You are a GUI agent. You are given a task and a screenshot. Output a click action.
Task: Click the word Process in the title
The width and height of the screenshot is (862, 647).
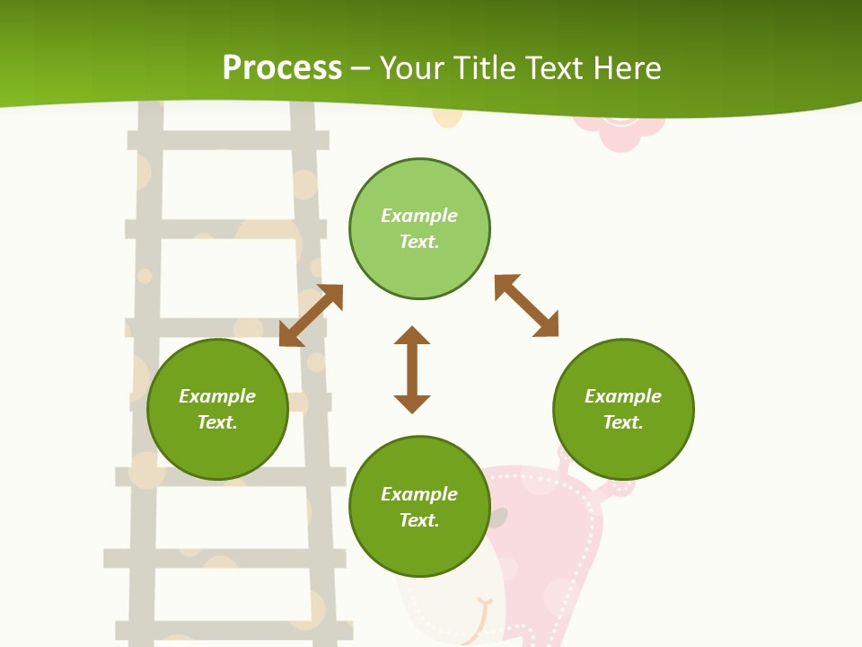tap(282, 68)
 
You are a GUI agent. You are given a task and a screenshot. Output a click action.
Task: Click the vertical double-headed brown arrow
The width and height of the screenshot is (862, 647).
tap(412, 369)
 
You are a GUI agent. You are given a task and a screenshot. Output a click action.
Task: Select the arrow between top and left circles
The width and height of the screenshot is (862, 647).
tap(311, 315)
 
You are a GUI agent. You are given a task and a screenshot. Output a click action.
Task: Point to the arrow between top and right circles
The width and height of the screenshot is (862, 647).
tap(526, 306)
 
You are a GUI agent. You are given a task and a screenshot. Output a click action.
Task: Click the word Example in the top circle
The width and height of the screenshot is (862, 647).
tap(419, 216)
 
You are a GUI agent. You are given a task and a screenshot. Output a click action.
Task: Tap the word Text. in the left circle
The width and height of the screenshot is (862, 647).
tap(217, 422)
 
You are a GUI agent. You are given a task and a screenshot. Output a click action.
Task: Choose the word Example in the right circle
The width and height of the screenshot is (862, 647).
tap(623, 396)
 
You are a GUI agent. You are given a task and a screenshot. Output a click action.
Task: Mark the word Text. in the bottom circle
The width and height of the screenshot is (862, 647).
tap(419, 520)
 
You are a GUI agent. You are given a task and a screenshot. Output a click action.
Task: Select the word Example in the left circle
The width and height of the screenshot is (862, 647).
tap(217, 396)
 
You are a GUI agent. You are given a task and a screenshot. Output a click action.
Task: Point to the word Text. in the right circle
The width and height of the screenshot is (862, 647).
tap(623, 422)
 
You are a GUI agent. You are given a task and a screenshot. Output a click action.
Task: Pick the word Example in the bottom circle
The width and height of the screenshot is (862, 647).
tap(419, 494)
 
